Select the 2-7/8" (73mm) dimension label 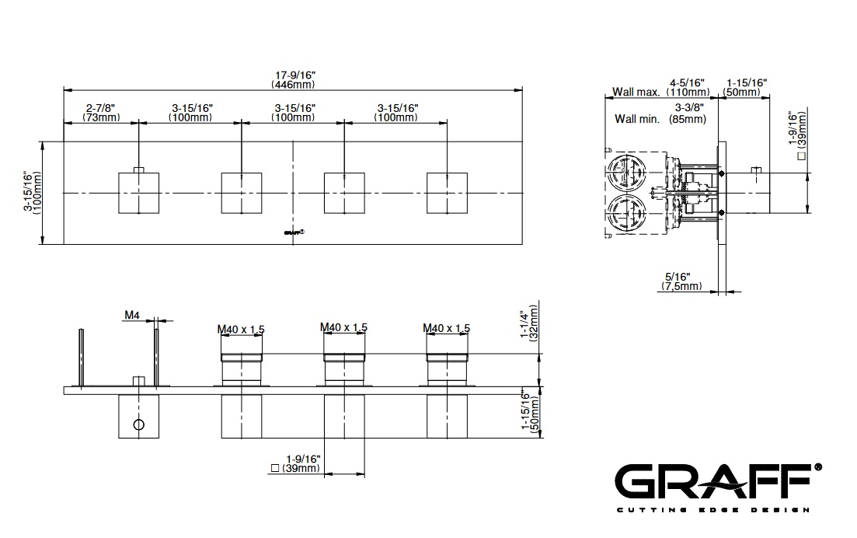tap(101, 113)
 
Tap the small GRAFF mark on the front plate tap(294, 232)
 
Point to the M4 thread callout tap(132, 315)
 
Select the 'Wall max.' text tap(636, 92)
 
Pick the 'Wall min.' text tap(637, 119)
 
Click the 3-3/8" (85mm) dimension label tap(688, 114)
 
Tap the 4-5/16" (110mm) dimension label tap(688, 88)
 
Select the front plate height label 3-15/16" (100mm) tap(32, 193)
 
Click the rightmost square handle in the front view tap(447, 193)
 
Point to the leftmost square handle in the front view tap(139, 193)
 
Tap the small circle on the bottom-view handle tap(139, 424)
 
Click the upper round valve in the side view tap(626, 173)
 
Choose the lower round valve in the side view tap(626, 214)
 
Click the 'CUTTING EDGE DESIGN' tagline tap(712, 510)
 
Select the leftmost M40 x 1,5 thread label tap(241, 329)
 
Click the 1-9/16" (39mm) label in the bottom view tap(297, 463)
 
